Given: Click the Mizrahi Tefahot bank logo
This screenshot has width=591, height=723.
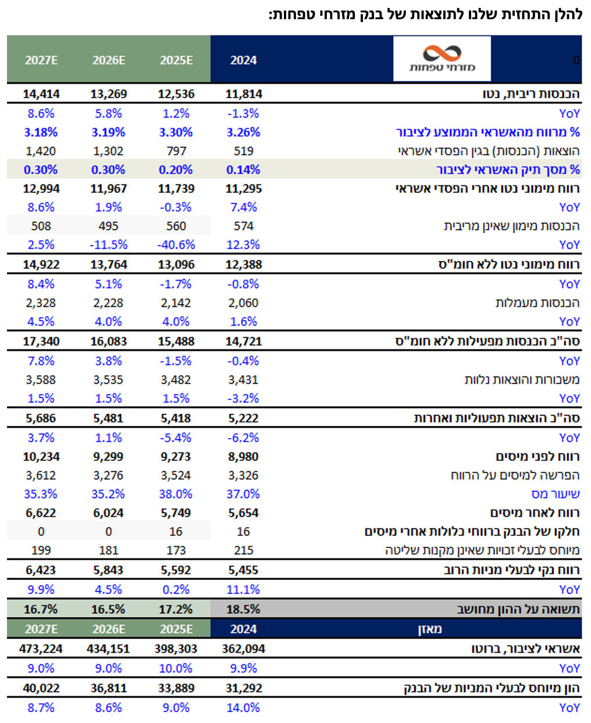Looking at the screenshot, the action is (x=442, y=59).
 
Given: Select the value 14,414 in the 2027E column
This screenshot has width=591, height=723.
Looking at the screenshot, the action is (x=41, y=94).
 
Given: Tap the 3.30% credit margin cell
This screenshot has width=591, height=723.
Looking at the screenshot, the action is (x=176, y=133).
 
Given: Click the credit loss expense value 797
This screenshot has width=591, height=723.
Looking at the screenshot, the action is (x=176, y=151).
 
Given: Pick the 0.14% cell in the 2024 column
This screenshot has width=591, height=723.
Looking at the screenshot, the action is (x=243, y=170).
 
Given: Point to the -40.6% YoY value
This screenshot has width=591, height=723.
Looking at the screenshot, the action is (x=176, y=245).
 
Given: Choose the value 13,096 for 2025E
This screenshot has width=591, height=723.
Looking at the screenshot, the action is (x=176, y=264).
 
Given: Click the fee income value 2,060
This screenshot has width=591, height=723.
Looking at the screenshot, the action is (x=243, y=303).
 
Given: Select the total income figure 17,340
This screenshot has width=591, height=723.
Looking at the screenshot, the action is (x=41, y=341).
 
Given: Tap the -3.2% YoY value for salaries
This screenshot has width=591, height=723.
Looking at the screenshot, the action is (x=243, y=398).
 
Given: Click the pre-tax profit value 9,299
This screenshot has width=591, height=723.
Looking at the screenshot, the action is (x=108, y=457).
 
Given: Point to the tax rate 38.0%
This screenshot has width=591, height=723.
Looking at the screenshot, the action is (x=176, y=494).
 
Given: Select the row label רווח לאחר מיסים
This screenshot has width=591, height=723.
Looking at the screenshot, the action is (x=535, y=513).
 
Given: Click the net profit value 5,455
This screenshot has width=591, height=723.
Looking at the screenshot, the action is (x=243, y=570).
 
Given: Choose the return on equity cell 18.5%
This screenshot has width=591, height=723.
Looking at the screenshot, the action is (x=243, y=609).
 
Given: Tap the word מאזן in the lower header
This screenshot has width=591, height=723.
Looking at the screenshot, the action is (x=430, y=629).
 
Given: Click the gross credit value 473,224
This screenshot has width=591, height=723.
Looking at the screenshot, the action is (x=41, y=649).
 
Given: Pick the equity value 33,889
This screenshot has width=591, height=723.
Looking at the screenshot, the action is (x=176, y=688).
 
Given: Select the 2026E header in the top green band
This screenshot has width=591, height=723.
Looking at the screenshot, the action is (x=108, y=60).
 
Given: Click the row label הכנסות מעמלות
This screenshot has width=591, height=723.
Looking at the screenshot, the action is (x=537, y=303).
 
